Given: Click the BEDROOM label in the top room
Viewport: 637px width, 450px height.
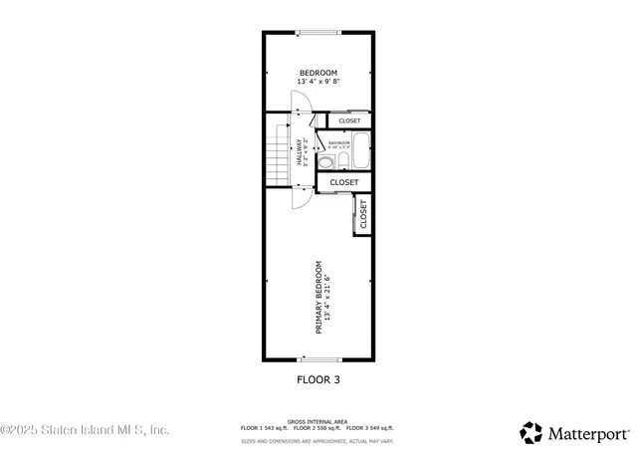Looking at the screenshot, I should (x=318, y=73).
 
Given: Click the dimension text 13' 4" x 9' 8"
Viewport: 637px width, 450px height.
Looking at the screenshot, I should (x=318, y=82).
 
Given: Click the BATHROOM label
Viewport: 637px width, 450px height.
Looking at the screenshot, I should (x=339, y=142).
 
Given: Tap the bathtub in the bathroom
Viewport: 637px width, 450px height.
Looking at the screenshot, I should (x=360, y=153).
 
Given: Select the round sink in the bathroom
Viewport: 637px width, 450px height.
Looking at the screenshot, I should (x=342, y=160).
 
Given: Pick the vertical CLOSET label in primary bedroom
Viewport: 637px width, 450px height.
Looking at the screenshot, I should (x=363, y=215).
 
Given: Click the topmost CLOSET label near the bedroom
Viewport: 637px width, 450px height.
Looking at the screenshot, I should (x=349, y=121).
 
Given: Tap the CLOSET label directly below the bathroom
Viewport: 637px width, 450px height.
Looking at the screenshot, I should (x=344, y=183).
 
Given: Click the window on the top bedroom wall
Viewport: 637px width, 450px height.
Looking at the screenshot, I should (x=318, y=33).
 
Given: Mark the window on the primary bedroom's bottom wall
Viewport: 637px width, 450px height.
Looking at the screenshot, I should (x=320, y=359).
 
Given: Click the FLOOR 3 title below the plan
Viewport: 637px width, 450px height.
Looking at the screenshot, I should (x=318, y=379).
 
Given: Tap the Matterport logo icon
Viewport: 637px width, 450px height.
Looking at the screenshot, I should (x=532, y=432).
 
